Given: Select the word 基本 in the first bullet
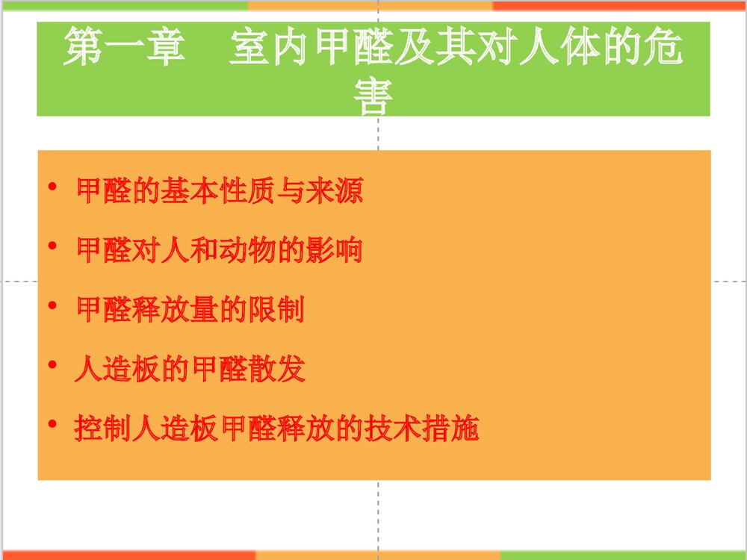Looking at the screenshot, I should click(x=192, y=191).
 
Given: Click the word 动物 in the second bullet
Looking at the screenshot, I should click(x=248, y=249).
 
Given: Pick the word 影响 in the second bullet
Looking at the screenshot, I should click(x=334, y=249).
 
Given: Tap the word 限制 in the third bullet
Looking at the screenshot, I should click(x=276, y=309).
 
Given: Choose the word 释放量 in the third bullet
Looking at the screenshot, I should click(x=176, y=309).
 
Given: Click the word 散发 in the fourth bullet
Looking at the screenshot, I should click(x=277, y=369).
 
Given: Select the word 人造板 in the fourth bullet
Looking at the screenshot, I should click(x=118, y=369).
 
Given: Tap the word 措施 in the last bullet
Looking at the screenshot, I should click(x=450, y=429).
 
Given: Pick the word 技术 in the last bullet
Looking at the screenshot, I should click(x=392, y=429).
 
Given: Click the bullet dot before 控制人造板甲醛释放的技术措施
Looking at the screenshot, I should click(x=52, y=424).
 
